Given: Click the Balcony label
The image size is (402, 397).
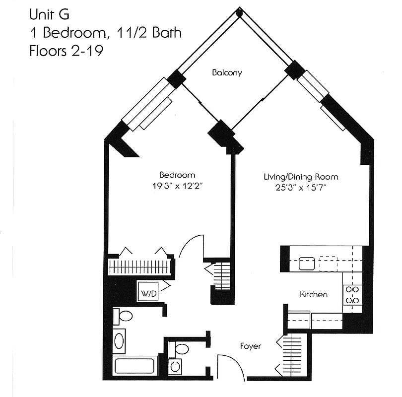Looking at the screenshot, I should [x=227, y=73].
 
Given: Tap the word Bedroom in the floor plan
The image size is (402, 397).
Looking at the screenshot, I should [x=177, y=175].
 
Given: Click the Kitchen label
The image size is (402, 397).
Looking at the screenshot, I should [x=314, y=295].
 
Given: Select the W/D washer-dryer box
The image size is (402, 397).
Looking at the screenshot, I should [x=148, y=293].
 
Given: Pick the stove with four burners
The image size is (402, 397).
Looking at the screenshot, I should [x=352, y=295].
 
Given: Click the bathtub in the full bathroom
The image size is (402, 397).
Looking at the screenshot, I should [x=135, y=366].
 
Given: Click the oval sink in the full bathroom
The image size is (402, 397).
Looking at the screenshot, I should [x=119, y=341].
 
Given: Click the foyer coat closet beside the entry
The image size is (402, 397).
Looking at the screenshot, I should [x=293, y=355].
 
